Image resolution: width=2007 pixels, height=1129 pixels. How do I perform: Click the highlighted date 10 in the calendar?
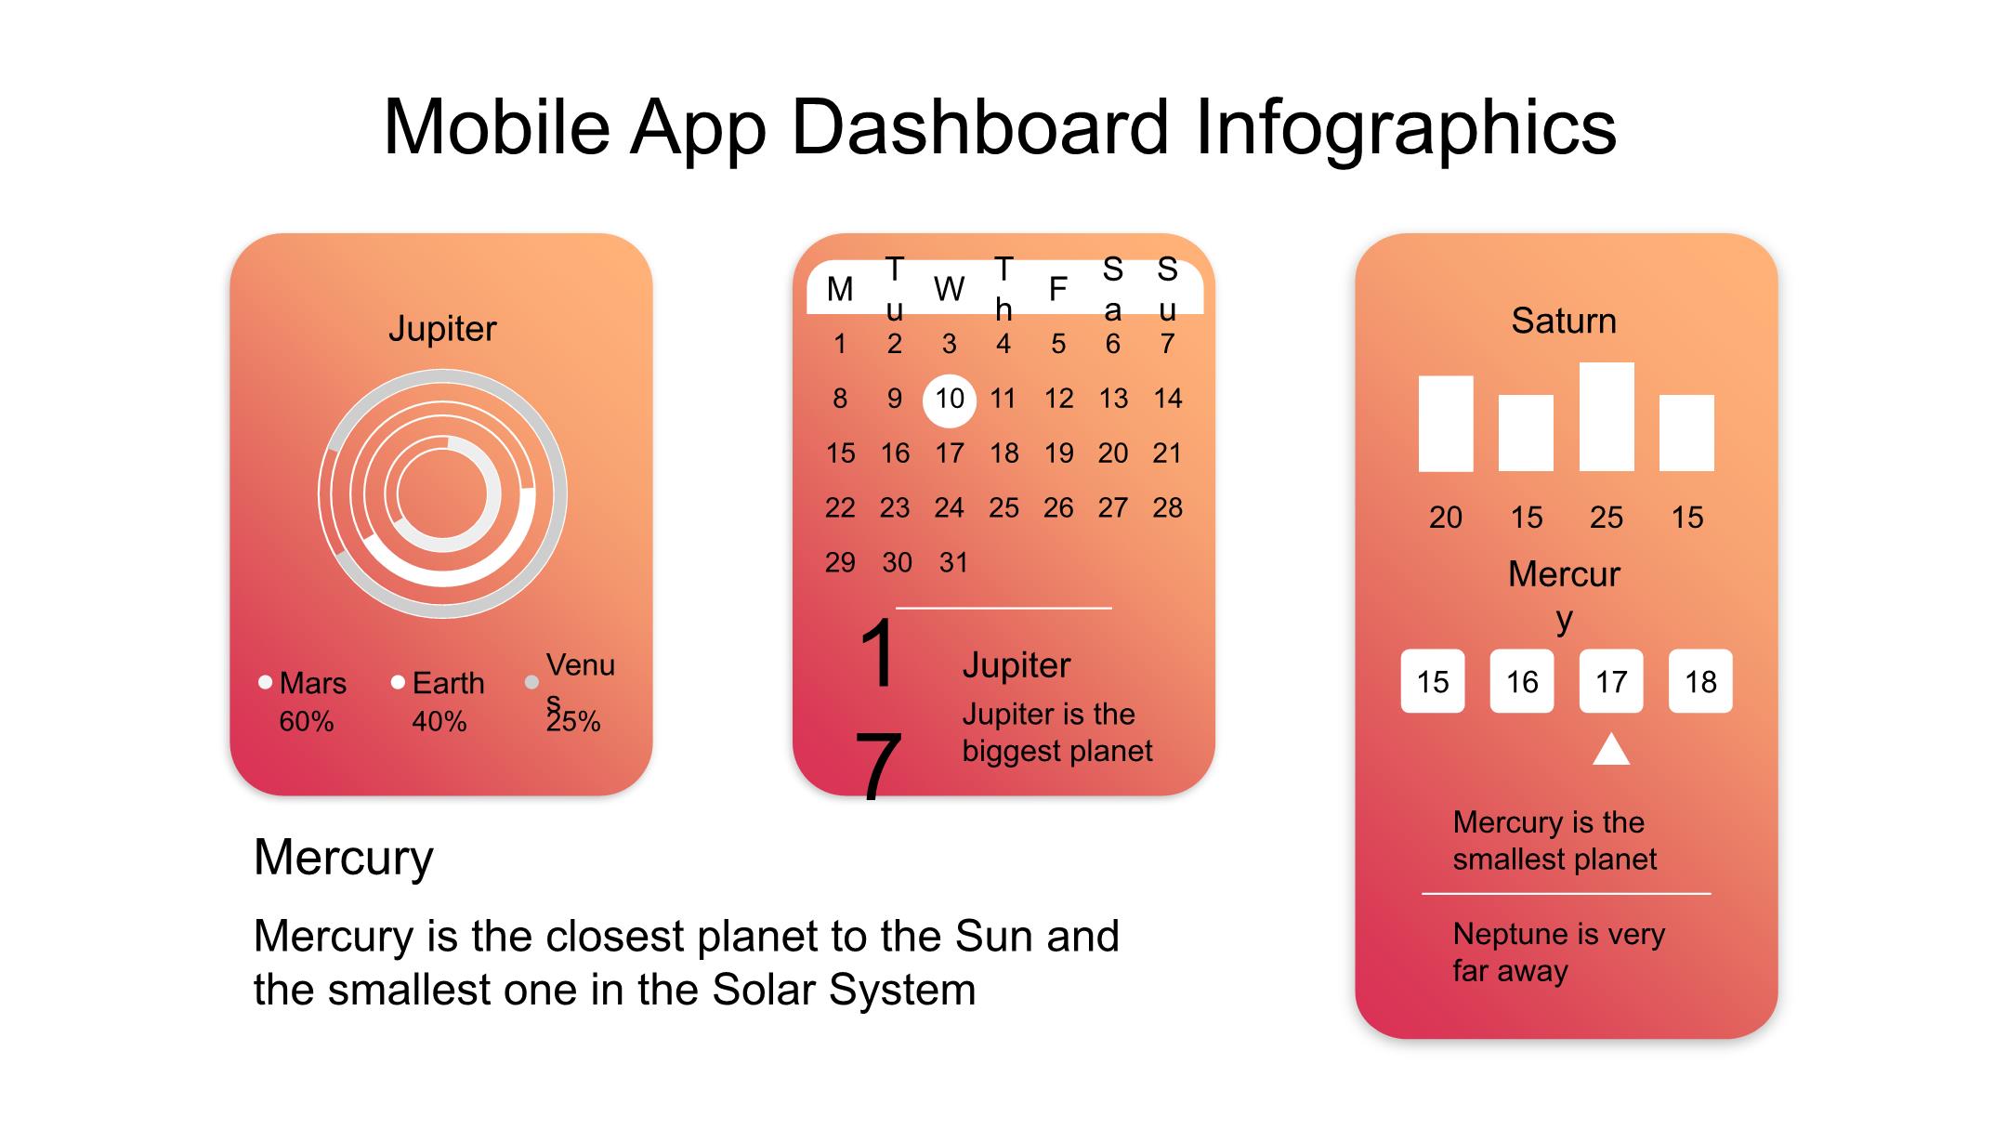tap(949, 400)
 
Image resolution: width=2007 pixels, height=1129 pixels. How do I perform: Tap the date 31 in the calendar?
tap(953, 562)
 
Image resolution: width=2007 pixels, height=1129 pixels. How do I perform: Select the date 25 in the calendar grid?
tap(1003, 507)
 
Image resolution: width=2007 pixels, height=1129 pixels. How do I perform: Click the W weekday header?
tap(949, 289)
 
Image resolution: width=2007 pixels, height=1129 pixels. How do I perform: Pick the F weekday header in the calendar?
tap(1057, 289)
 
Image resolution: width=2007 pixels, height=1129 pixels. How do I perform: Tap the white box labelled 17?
tap(1611, 681)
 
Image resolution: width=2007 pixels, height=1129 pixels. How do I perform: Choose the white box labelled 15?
tap(1433, 681)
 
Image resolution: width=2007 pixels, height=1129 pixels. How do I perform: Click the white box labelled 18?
tap(1700, 681)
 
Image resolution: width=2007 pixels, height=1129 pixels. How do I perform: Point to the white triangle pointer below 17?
tap(1611, 749)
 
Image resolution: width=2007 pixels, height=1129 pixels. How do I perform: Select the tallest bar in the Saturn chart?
tap(1607, 416)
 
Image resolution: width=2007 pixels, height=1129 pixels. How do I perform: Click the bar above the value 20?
tap(1446, 424)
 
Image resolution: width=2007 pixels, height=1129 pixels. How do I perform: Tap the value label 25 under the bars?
tap(1607, 517)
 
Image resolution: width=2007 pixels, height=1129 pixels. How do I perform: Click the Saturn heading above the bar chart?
tap(1564, 321)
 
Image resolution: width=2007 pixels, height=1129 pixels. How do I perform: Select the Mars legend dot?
tap(265, 682)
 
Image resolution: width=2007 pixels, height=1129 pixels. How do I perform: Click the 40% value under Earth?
tap(439, 721)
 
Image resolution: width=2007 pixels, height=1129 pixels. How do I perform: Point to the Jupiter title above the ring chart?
tap(442, 328)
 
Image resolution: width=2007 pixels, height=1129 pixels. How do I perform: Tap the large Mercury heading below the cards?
tap(344, 858)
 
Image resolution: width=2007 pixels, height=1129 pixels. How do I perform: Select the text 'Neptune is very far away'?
tap(1558, 952)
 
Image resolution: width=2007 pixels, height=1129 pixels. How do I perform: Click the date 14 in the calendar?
tap(1167, 399)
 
